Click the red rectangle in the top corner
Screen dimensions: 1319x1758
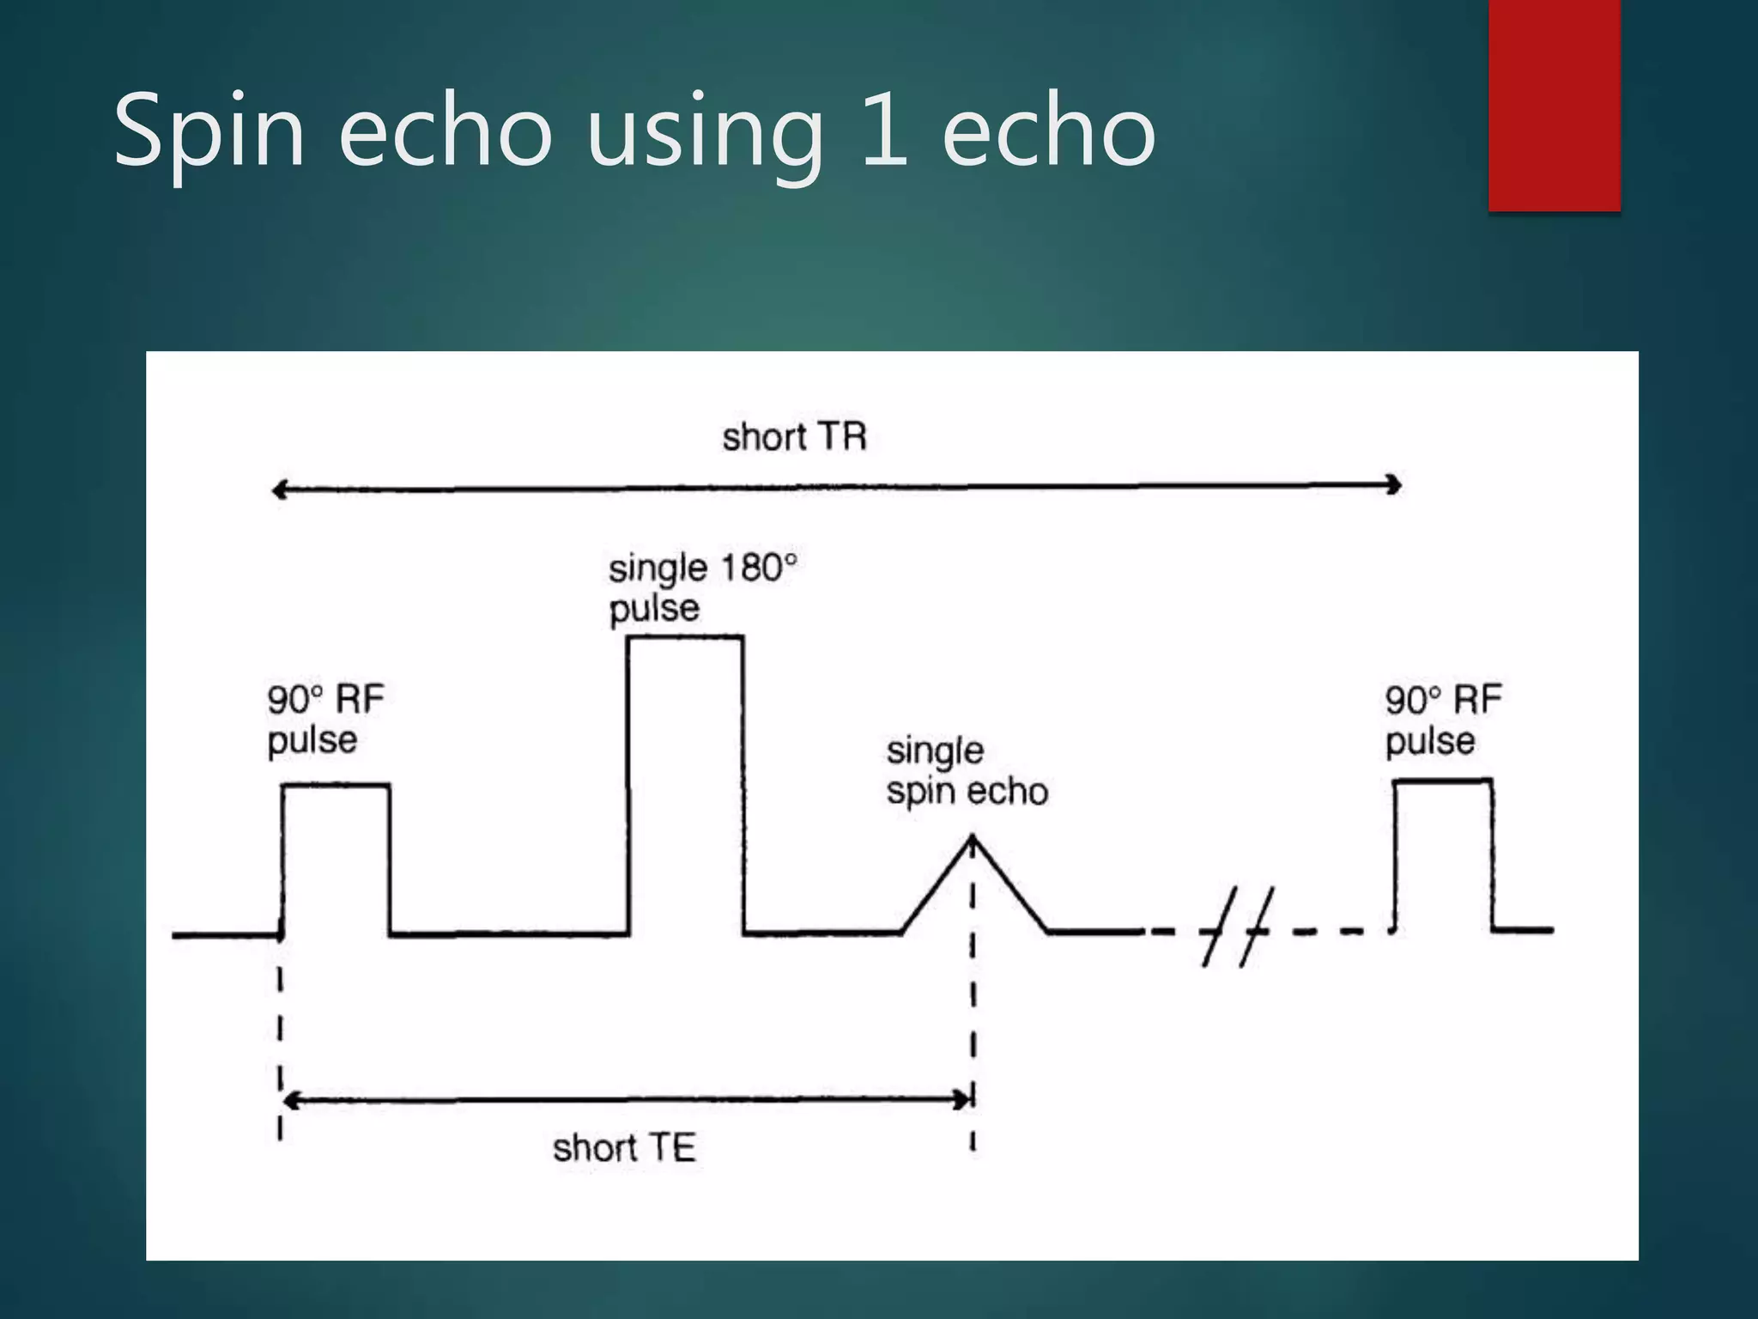point(1554,105)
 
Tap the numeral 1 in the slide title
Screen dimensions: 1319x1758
point(884,131)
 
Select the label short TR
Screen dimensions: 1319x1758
point(794,437)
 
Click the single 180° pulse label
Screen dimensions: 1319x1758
point(702,588)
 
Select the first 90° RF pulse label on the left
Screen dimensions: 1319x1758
point(325,720)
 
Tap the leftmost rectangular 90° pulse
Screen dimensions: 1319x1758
point(336,859)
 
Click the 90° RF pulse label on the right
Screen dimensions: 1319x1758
point(1443,720)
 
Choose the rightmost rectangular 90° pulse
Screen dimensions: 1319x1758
point(1443,854)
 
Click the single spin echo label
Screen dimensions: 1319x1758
point(967,770)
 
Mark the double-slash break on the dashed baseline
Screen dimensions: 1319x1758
point(1238,927)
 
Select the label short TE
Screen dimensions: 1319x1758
point(624,1148)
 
